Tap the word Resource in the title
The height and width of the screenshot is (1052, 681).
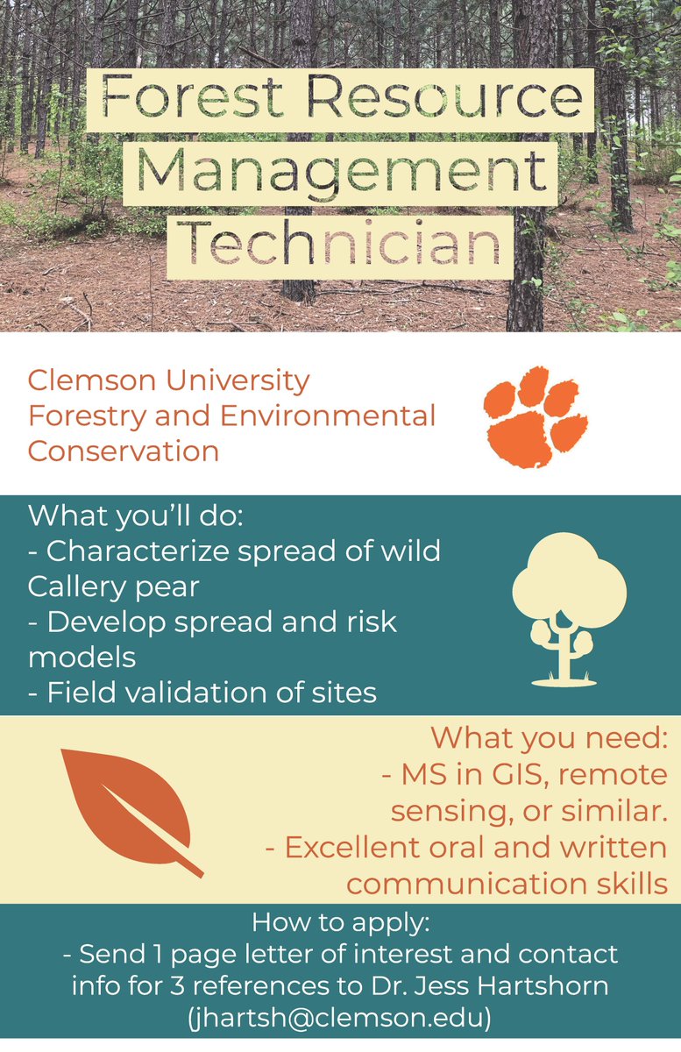pos(444,97)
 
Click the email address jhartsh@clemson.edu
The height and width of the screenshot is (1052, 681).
pos(339,1018)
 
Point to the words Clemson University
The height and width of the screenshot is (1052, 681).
pos(169,380)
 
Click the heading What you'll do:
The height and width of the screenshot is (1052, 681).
pos(135,515)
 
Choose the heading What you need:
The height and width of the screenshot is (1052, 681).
pos(550,738)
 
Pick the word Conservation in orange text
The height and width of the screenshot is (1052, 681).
pos(123,451)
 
